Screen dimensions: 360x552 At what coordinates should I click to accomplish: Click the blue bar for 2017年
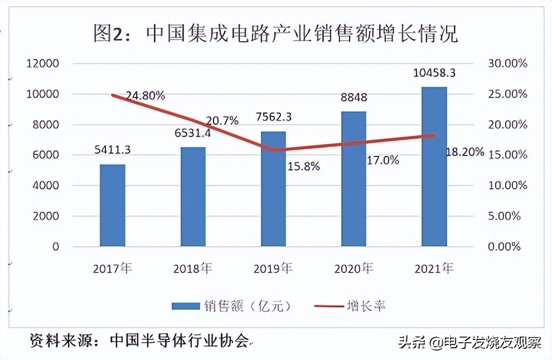coord(112,205)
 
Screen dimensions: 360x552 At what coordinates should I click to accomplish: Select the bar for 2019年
coord(273,189)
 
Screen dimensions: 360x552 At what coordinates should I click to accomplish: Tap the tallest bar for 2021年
coord(434,167)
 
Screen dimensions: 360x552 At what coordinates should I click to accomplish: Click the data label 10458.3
coord(434,72)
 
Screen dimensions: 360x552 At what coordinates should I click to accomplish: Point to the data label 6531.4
coord(193,134)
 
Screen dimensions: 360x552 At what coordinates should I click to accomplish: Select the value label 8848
coord(354,98)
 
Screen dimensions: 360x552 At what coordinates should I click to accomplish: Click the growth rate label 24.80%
coord(144,95)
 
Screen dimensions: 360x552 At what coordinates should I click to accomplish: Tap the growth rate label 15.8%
coord(303,166)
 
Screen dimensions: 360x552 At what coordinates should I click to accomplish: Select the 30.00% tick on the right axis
coord(507,64)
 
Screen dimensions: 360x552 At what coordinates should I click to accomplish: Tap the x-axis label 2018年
coord(193,269)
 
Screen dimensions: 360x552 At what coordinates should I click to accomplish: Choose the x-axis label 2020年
coord(354,269)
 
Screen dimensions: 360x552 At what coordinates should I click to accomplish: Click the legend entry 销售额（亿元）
coord(231,305)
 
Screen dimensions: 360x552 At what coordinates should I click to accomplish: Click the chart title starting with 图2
coord(275,34)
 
